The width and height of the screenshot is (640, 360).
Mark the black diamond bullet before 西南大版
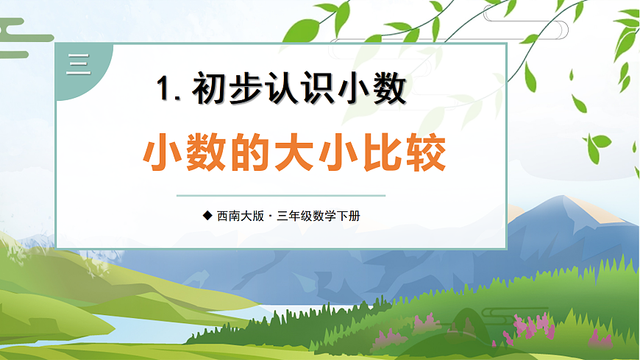pos(207,216)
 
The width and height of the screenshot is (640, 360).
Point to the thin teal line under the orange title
pos(281,196)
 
